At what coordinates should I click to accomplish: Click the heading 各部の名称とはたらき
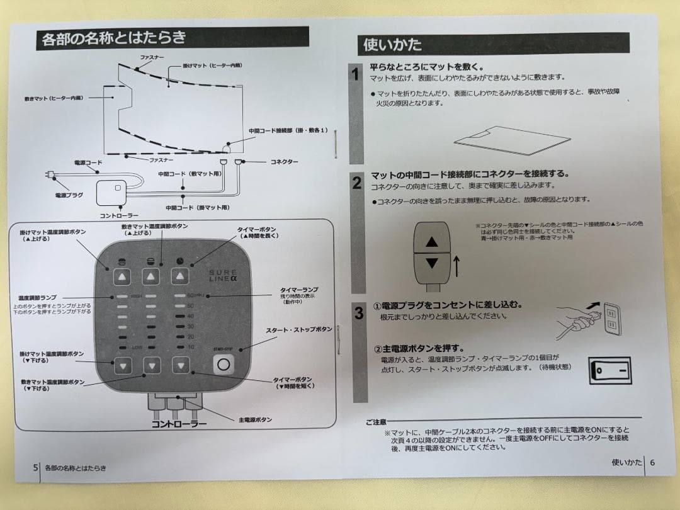point(114,38)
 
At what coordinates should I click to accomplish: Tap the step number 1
point(356,75)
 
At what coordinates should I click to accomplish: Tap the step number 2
point(357,183)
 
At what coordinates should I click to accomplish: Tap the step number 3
point(358,313)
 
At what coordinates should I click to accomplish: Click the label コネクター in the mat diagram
point(283,162)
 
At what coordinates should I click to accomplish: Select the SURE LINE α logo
point(224,275)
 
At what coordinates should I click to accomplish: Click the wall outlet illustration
point(611,319)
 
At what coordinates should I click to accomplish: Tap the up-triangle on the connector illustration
point(431,241)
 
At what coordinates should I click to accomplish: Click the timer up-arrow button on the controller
point(181,276)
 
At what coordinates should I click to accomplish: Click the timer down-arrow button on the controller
point(181,365)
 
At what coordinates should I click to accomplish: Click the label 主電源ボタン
point(256,419)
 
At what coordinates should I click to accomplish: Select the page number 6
point(652,462)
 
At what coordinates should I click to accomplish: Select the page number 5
point(35,468)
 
